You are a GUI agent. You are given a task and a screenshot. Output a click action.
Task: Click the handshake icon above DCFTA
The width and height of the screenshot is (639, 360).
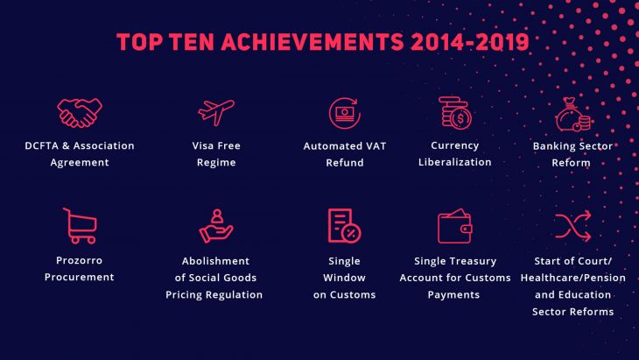(80, 113)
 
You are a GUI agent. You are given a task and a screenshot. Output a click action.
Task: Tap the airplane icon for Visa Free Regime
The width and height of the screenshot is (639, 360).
(216, 112)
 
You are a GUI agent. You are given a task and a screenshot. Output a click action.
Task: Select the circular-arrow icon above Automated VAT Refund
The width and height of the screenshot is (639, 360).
(345, 113)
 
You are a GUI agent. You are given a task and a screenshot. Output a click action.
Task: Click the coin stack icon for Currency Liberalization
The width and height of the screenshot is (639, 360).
(455, 113)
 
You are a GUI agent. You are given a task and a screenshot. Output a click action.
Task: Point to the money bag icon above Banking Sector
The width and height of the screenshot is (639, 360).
(572, 115)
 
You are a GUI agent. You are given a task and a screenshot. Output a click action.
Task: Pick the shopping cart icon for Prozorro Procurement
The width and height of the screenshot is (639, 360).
(80, 226)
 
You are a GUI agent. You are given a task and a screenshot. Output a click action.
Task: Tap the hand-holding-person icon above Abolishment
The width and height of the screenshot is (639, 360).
(216, 226)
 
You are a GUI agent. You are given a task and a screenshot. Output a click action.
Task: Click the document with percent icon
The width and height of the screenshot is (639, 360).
(344, 226)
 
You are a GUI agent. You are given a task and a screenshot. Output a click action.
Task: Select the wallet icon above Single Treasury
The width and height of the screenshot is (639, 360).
(455, 226)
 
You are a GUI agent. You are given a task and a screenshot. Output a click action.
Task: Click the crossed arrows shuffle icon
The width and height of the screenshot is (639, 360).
(572, 226)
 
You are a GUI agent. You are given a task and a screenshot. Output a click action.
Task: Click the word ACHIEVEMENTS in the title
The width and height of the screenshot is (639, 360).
(313, 42)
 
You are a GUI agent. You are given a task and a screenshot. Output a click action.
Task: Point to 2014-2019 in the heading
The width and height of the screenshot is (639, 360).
(470, 42)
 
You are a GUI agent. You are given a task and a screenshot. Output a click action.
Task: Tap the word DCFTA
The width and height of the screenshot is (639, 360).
(41, 145)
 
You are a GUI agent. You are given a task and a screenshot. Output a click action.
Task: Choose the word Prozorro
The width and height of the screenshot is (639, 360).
(79, 260)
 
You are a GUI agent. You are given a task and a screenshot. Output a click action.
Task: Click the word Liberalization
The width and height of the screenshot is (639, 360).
(455, 162)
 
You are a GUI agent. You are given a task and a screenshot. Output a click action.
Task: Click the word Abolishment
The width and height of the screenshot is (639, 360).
(215, 261)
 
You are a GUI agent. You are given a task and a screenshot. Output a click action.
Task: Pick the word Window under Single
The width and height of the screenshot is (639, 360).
(344, 278)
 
